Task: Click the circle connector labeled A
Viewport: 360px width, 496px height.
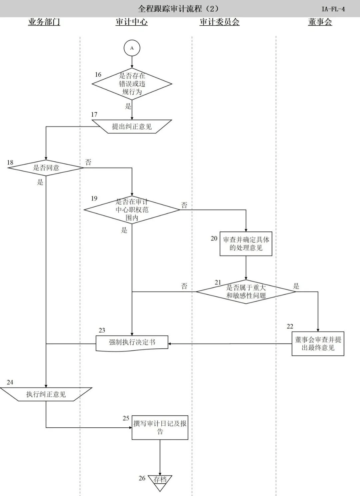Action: [x=132, y=48]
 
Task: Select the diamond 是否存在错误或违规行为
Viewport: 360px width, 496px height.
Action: [x=132, y=84]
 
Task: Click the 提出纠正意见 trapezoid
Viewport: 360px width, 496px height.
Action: [x=132, y=127]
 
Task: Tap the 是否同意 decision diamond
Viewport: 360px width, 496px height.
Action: [x=46, y=168]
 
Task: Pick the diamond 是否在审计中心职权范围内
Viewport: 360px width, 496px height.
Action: [x=132, y=210]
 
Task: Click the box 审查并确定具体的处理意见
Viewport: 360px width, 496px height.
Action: [x=246, y=244]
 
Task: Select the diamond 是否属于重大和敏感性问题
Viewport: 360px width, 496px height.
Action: [x=246, y=291]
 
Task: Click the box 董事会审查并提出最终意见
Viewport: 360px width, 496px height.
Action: [x=318, y=344]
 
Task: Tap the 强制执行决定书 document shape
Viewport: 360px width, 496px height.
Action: [x=132, y=342]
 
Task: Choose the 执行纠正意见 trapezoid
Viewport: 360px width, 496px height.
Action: [x=46, y=394]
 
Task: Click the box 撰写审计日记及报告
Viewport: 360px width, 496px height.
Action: [x=160, y=427]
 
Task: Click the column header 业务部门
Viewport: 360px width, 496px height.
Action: [x=44, y=22]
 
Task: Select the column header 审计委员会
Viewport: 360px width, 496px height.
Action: [x=219, y=22]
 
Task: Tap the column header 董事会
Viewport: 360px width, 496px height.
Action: [x=320, y=22]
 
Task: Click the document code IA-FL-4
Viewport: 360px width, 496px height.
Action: [x=333, y=9]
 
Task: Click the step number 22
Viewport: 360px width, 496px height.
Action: [x=290, y=326]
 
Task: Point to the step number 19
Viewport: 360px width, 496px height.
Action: [x=94, y=199]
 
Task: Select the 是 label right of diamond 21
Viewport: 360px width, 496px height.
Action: [x=296, y=286]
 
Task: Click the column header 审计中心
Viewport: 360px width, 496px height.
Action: [x=132, y=22]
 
